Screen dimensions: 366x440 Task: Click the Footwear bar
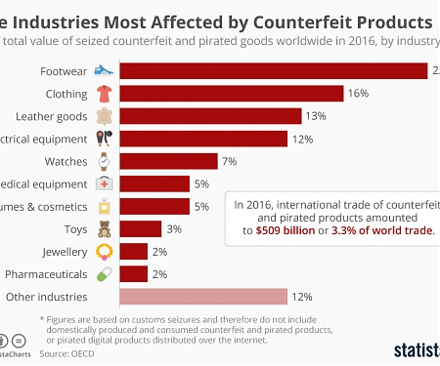pos(274,71)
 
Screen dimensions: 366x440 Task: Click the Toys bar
pos(142,228)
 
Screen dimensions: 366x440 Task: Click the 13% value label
pos(315,116)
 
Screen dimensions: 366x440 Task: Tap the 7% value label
pos(229,161)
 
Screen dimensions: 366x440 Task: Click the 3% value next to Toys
pos(173,228)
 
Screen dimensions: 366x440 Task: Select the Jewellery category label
pos(61,251)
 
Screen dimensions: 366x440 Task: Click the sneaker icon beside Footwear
pos(105,71)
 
